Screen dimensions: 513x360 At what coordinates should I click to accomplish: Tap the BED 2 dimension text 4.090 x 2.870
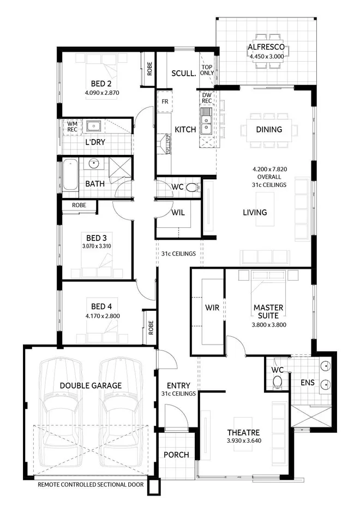(102, 93)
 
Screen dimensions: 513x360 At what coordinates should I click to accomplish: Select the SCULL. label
(184, 74)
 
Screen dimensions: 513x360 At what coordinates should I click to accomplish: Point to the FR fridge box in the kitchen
(164, 101)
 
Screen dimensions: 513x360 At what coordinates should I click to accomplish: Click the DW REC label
(207, 98)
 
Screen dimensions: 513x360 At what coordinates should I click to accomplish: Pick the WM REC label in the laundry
(73, 127)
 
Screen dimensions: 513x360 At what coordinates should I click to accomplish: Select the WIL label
(178, 213)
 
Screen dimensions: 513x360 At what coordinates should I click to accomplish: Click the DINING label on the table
(269, 130)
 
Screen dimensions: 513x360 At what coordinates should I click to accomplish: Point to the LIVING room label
(255, 212)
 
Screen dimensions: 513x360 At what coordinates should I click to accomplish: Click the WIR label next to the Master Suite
(212, 308)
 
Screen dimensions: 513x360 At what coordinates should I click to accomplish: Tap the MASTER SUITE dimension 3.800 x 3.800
(269, 324)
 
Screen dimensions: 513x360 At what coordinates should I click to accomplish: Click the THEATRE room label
(244, 431)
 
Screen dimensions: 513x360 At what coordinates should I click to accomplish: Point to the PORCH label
(176, 455)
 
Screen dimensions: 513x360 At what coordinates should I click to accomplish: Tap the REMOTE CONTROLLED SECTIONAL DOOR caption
(91, 484)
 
